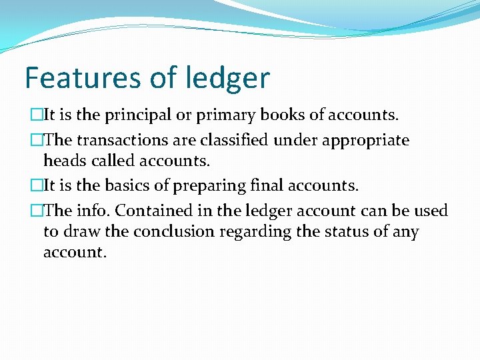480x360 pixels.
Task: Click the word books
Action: point(283,115)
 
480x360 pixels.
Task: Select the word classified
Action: point(232,140)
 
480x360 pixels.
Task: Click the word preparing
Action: point(205,186)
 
